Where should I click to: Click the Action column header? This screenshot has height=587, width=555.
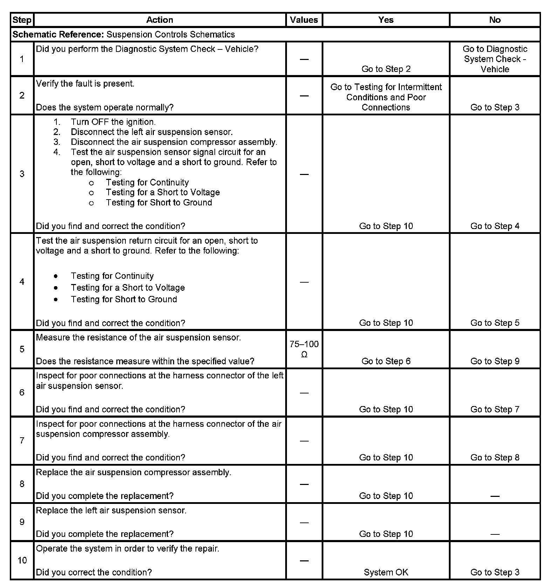coord(160,20)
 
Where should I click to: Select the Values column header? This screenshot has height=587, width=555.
coord(304,20)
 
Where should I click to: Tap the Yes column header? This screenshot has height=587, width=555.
coord(386,20)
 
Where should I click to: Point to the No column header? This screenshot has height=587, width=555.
coord(495,20)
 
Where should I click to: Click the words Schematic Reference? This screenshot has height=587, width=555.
coord(58,34)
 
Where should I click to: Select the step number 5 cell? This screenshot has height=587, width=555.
coord(22,349)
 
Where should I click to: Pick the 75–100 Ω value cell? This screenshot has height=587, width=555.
coord(304,349)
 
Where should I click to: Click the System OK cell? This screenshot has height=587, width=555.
coord(386,572)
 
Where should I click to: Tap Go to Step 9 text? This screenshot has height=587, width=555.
coord(495,361)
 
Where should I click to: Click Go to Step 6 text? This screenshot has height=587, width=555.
coord(386,361)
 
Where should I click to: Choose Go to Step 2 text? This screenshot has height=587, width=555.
coord(386,69)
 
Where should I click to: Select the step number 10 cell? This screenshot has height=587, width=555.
coord(22,560)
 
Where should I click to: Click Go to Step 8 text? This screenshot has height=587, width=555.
coord(495,458)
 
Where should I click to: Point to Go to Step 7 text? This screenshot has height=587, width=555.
coord(495,409)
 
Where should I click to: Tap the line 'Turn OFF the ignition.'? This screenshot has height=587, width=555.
coord(113,122)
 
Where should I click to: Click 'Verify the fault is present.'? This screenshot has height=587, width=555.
coord(85,84)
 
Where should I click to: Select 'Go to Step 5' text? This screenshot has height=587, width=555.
coord(495,323)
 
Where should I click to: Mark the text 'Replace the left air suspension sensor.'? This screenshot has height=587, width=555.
coord(111,510)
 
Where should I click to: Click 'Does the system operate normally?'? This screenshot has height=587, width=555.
coord(105,107)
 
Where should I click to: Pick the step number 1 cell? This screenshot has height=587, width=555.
coord(22,59)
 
